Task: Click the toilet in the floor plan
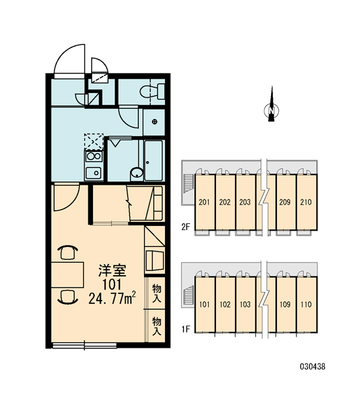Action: (x=152, y=92)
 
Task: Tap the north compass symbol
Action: (x=272, y=108)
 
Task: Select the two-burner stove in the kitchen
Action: (x=94, y=157)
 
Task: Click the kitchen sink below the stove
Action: (x=94, y=172)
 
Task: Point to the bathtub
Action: (x=153, y=160)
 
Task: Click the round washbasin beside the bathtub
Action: (x=137, y=173)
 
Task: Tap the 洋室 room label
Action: (x=112, y=271)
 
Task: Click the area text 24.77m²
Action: (x=112, y=298)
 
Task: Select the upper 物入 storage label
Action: (x=157, y=293)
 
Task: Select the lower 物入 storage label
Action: (x=157, y=326)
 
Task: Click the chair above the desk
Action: (x=67, y=252)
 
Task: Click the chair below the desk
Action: (x=67, y=297)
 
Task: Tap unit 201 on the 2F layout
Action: (x=204, y=202)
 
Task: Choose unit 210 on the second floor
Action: (x=306, y=202)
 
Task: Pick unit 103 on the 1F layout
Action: (x=245, y=305)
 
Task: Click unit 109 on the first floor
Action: (x=285, y=305)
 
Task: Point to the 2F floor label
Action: (x=186, y=227)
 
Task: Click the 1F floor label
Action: (x=186, y=329)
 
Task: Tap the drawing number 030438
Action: (x=313, y=367)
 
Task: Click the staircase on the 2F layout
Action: (x=189, y=183)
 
